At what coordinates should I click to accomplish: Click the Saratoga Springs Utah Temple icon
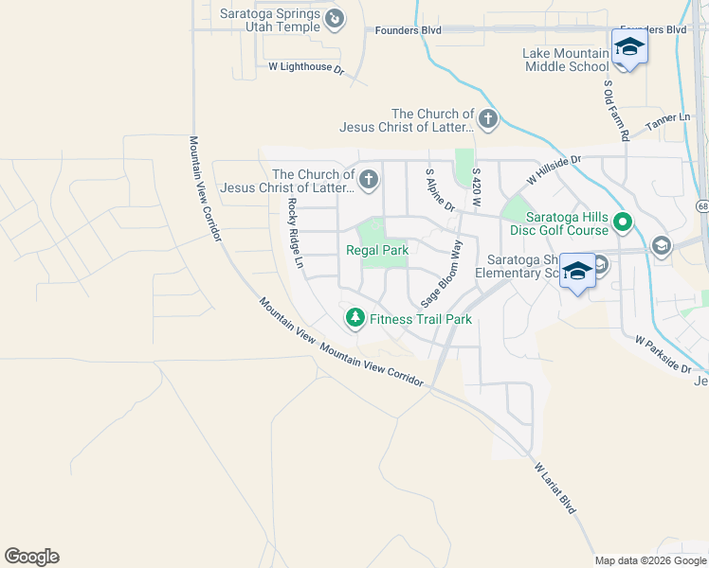click(334, 18)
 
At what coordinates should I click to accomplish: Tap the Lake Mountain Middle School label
click(566, 60)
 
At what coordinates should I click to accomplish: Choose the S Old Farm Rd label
click(615, 110)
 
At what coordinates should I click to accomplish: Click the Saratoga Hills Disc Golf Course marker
click(623, 223)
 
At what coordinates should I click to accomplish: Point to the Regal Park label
click(376, 251)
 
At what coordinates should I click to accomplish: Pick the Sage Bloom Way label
click(442, 273)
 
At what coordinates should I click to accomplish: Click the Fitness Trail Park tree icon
click(355, 318)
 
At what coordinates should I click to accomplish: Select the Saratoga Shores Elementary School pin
click(576, 271)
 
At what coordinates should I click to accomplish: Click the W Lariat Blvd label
click(555, 488)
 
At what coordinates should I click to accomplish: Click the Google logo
click(31, 557)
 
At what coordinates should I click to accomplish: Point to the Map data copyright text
click(650, 560)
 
